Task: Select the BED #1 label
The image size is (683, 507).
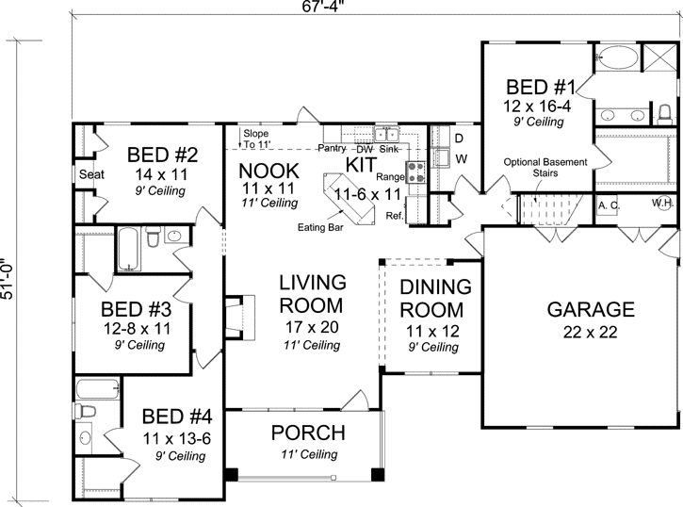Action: click(539, 84)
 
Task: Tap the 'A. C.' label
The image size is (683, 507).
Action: click(608, 204)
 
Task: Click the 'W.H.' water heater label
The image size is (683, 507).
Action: click(662, 204)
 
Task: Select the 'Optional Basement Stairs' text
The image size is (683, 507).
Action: click(545, 168)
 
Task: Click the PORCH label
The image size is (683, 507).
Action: click(307, 433)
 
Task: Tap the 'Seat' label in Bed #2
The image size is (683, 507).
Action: click(90, 174)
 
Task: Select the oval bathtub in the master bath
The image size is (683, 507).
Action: click(619, 57)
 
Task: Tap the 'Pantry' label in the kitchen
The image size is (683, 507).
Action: click(331, 148)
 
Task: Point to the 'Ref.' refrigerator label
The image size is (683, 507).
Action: click(394, 215)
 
